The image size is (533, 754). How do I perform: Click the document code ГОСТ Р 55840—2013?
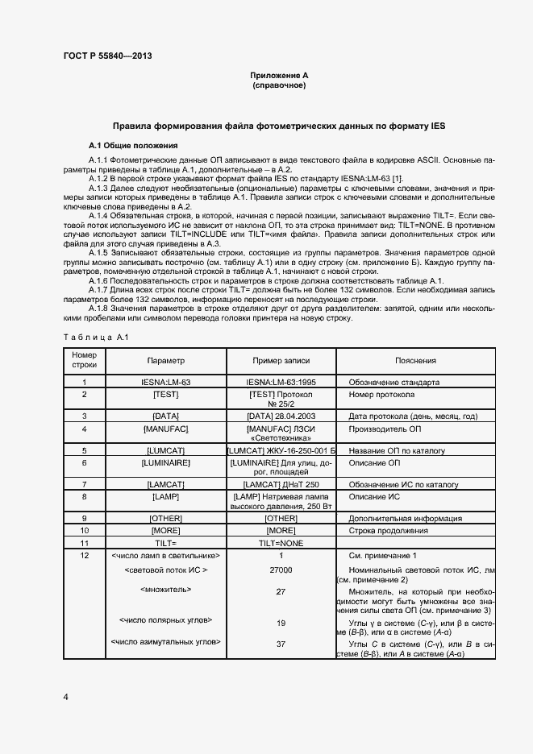[106, 56]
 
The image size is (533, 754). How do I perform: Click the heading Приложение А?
[279, 75]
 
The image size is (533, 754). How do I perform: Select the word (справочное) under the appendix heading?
[279, 85]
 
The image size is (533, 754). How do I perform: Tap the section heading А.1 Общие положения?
[132, 146]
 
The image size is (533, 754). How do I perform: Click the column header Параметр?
[166, 361]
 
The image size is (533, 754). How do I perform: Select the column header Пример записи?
[281, 361]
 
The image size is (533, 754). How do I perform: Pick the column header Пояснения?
[416, 361]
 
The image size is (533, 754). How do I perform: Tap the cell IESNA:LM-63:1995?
[281, 382]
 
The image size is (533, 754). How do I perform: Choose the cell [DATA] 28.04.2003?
[281, 416]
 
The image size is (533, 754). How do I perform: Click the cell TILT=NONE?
[281, 544]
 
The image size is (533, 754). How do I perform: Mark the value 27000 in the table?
[281, 570]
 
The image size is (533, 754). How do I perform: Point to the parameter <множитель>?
[166, 589]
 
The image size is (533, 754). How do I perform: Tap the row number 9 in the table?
[84, 518]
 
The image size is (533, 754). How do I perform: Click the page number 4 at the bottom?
[65, 695]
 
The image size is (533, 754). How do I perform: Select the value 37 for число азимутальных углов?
[281, 644]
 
